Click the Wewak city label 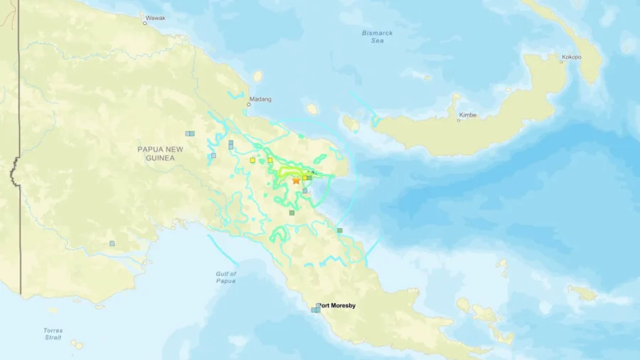coord(155,18)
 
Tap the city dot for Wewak coord(145,23)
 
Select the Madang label coord(260,99)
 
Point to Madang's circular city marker coord(248,105)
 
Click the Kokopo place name coord(572,57)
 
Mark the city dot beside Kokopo coord(560,62)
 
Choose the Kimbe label coord(468,115)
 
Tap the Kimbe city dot coord(458,120)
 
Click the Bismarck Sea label coord(377,37)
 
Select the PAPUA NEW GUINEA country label coord(156,153)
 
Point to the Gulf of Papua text coord(226,277)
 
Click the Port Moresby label coord(337,306)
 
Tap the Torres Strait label coord(53,334)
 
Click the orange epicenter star coord(296,181)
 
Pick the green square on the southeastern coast coord(340,230)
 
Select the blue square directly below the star coord(304,191)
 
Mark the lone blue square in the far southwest coord(112,243)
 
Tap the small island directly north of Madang coord(257,76)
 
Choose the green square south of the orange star coord(292,212)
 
